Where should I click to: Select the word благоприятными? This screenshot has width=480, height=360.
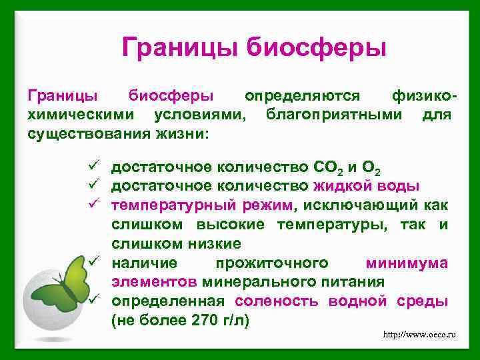[334, 115]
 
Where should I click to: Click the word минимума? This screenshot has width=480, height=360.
[407, 263]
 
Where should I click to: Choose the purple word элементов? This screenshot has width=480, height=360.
[153, 281]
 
